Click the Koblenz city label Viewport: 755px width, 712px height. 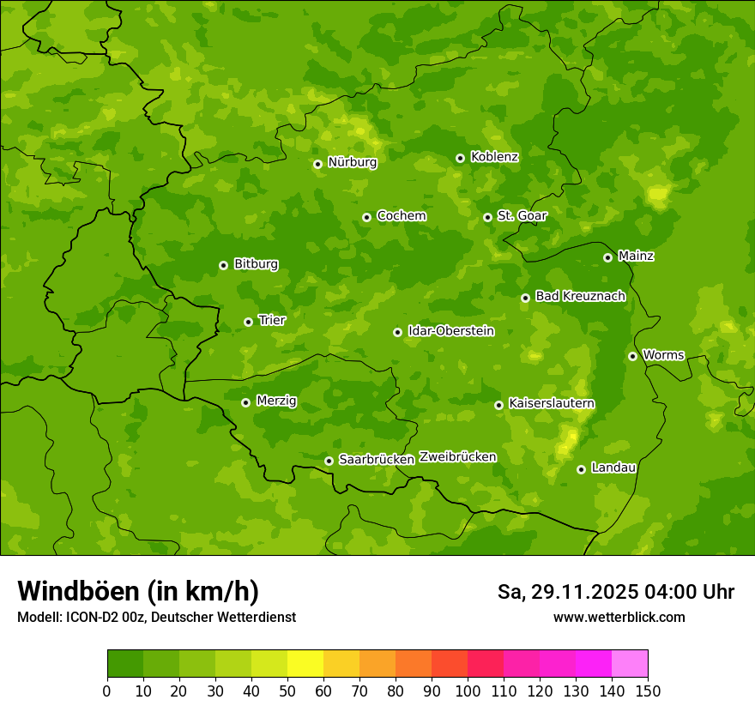494,157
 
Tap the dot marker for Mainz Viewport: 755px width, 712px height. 607,257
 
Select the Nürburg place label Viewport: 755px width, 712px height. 352,162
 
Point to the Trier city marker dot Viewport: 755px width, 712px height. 248,322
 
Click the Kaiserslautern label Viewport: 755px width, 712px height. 552,403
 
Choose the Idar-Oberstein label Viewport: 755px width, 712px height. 451,331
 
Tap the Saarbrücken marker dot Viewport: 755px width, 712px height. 329,461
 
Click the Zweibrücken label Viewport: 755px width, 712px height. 457,457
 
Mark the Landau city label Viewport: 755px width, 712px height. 613,468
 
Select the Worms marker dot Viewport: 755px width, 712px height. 632,356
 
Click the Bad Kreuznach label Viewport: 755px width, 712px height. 580,296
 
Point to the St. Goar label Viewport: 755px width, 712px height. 522,216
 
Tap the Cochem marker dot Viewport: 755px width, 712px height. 366,217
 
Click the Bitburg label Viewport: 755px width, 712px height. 256,264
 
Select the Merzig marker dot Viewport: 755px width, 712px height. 245,402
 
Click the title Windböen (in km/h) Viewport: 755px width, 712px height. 138,591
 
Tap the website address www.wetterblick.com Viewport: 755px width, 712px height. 619,618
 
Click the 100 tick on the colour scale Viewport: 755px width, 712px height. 468,691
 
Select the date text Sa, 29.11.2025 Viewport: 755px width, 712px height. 567,592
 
